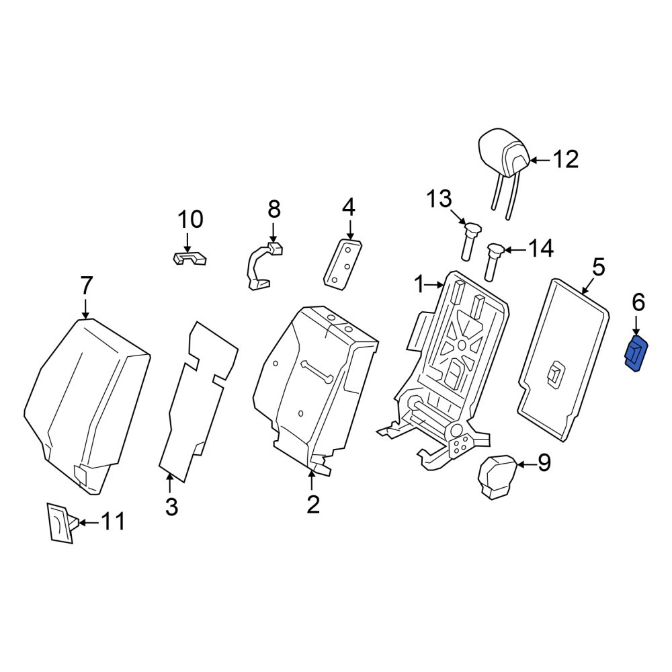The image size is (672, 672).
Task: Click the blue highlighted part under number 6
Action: (x=637, y=354)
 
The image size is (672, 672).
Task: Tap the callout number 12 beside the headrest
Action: (x=566, y=159)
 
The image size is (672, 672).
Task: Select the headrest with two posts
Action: (x=505, y=168)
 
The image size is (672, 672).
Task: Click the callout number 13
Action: (x=439, y=199)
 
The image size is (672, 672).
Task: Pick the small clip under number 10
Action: (x=189, y=259)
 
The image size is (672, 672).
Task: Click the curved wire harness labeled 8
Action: (x=263, y=267)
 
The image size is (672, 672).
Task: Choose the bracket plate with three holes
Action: (x=343, y=264)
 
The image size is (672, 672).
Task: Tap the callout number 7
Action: (x=86, y=286)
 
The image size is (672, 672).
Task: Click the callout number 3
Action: (x=171, y=507)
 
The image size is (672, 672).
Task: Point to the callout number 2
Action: (x=313, y=505)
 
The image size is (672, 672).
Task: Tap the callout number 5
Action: (x=598, y=267)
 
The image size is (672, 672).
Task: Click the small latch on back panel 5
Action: (x=555, y=374)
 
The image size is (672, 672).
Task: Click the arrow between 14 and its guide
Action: (x=515, y=249)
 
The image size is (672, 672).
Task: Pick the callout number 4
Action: (x=349, y=208)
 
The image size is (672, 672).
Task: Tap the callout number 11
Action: (x=113, y=522)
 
